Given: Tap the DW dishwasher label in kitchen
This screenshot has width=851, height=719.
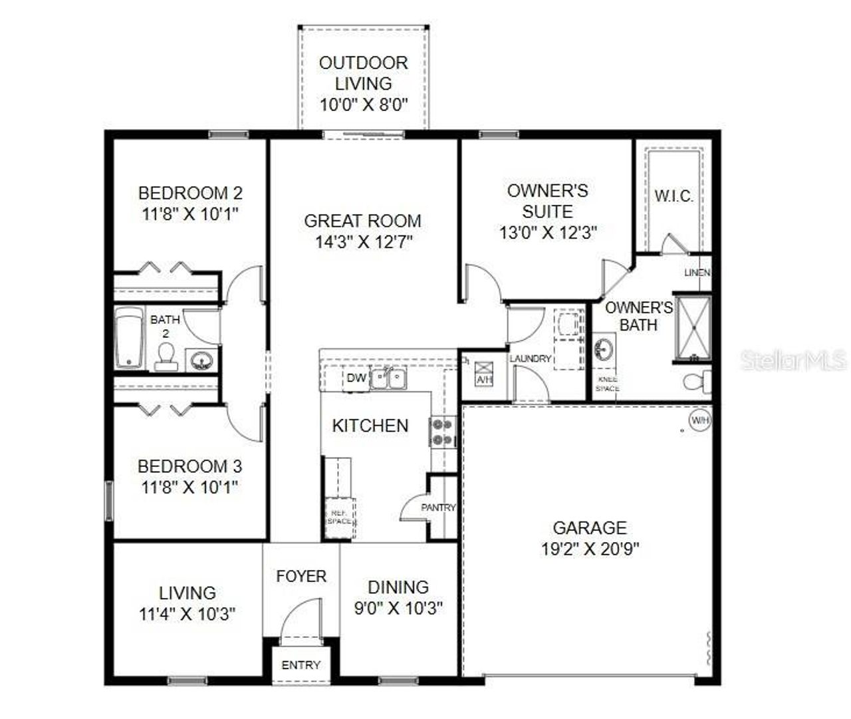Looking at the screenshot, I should [x=356, y=378].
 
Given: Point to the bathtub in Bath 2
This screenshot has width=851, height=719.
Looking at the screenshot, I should [x=129, y=338].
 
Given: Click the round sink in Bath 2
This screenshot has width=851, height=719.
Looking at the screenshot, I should [x=200, y=361].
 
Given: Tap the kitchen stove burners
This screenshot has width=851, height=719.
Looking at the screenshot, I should [x=442, y=432].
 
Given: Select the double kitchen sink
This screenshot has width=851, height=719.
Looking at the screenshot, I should [x=389, y=378].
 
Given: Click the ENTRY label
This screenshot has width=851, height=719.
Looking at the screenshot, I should [x=301, y=664].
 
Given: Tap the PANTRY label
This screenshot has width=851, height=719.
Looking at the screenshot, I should [x=438, y=507].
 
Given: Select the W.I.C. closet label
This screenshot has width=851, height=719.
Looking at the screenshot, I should [x=673, y=196].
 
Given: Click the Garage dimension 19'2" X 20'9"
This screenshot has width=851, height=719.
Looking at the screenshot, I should [x=590, y=549].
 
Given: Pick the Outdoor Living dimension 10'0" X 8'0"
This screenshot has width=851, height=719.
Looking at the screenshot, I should [x=363, y=104].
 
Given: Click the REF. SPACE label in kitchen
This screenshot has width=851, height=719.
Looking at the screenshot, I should [x=339, y=516].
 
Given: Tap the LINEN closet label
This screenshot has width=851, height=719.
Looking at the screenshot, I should [x=697, y=273].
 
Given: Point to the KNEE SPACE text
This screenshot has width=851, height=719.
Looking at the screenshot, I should [x=606, y=384].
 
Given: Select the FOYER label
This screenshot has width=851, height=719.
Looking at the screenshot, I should [x=301, y=576].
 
